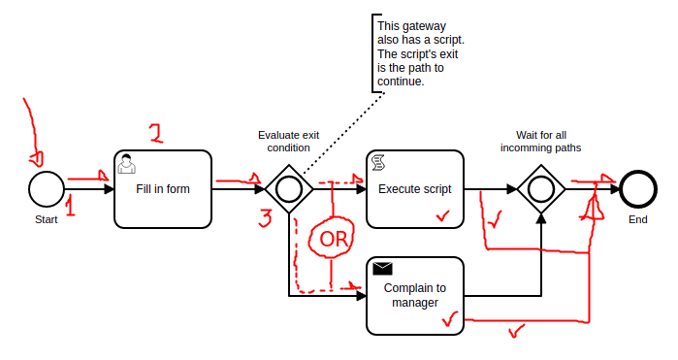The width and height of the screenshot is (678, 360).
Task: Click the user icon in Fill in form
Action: click(x=127, y=164)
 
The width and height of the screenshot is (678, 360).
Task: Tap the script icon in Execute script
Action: click(x=378, y=163)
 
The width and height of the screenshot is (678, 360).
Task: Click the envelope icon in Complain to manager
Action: click(x=383, y=269)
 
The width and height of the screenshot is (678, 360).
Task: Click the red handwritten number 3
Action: click(x=266, y=218)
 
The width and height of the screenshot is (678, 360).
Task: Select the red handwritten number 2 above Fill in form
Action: click(x=156, y=133)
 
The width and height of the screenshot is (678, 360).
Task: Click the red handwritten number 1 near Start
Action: click(x=70, y=206)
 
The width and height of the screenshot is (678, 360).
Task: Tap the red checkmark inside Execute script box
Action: click(x=442, y=215)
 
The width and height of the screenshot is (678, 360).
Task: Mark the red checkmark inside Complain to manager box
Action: click(x=450, y=319)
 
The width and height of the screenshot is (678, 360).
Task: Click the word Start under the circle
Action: click(x=47, y=220)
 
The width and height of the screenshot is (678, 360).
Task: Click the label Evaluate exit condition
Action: click(x=288, y=142)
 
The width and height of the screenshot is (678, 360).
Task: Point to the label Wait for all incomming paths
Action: click(x=541, y=142)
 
